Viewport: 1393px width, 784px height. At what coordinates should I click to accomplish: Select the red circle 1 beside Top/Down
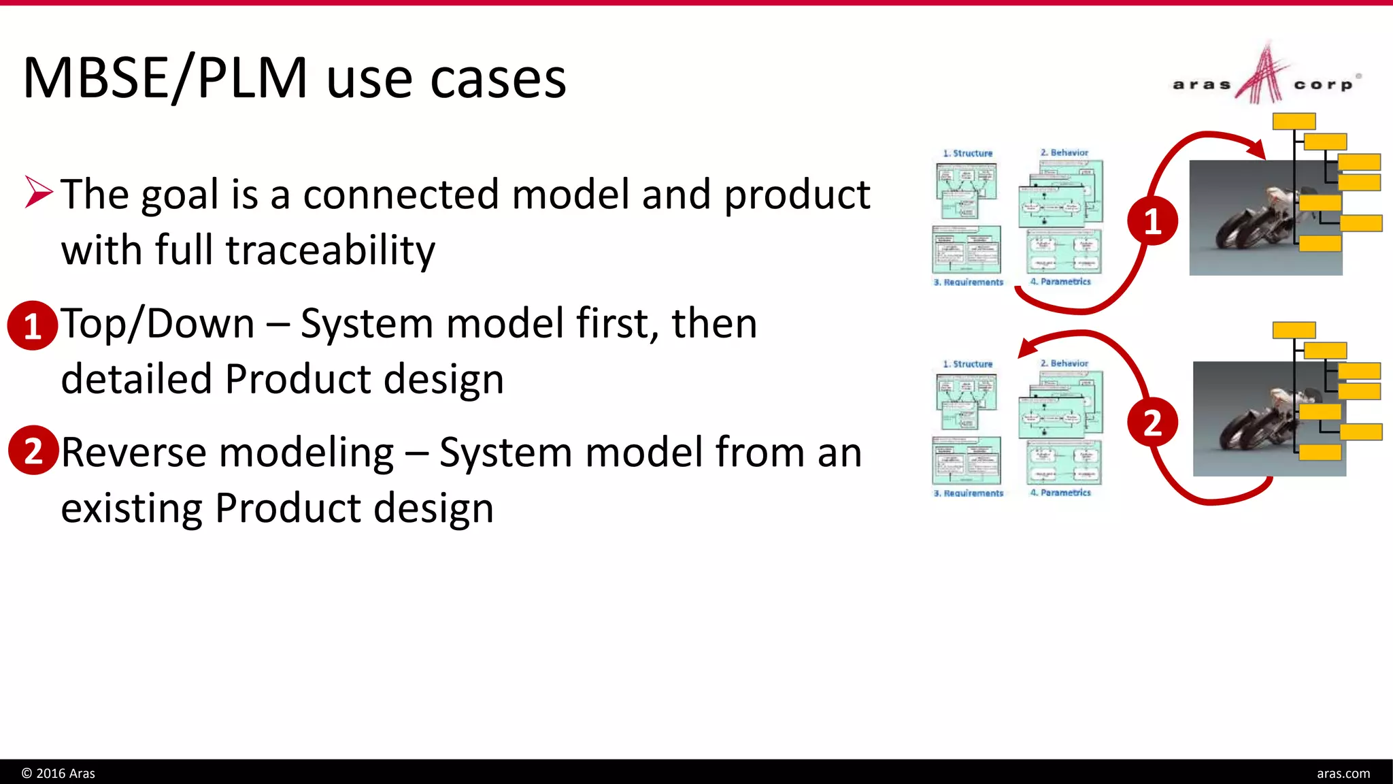coord(32,326)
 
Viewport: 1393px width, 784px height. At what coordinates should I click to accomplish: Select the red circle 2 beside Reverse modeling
coord(33,450)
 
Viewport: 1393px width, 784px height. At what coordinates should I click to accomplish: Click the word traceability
coord(330,250)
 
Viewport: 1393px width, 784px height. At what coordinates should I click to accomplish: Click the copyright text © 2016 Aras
coord(58,773)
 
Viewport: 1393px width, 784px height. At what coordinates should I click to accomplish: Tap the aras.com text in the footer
coord(1343,773)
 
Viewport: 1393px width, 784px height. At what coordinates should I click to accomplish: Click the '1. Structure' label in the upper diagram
coord(967,153)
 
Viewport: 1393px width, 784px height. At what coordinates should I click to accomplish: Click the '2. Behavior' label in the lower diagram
coord(1064,363)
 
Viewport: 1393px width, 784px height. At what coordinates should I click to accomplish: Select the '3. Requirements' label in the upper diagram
coord(968,282)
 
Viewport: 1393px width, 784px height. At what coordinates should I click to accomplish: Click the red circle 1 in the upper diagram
coord(1152,221)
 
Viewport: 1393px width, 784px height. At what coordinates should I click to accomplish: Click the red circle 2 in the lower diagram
coord(1152,423)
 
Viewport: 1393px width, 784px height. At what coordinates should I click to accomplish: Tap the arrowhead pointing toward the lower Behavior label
coord(1026,348)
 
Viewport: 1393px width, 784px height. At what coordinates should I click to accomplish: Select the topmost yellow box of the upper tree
coord(1294,121)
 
